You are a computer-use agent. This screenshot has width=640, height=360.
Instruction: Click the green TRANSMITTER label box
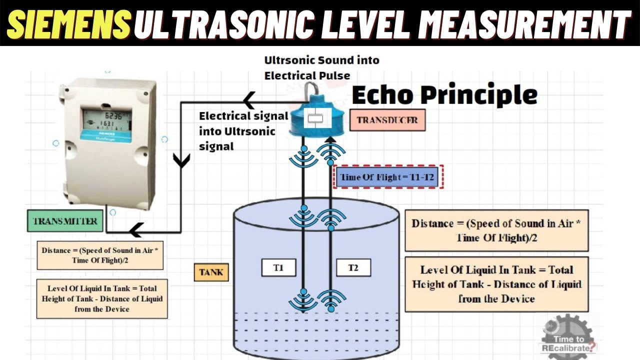65,221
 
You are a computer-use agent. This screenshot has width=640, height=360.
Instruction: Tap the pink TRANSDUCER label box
387,120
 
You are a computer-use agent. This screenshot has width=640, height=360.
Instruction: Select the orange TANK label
211,272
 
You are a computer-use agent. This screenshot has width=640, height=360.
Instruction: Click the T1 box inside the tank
278,267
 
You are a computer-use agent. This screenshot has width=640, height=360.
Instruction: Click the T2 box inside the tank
353,267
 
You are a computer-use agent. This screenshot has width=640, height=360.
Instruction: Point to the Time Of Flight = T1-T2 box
386,177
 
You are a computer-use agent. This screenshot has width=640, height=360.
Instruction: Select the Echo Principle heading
444,94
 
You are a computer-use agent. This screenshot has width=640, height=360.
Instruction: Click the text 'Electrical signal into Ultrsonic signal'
243,131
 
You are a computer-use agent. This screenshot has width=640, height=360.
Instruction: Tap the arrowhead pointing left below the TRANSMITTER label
135,231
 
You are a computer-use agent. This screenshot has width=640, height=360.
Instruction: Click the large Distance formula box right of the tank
496,230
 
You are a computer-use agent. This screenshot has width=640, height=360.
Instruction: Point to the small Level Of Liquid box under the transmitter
102,298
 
